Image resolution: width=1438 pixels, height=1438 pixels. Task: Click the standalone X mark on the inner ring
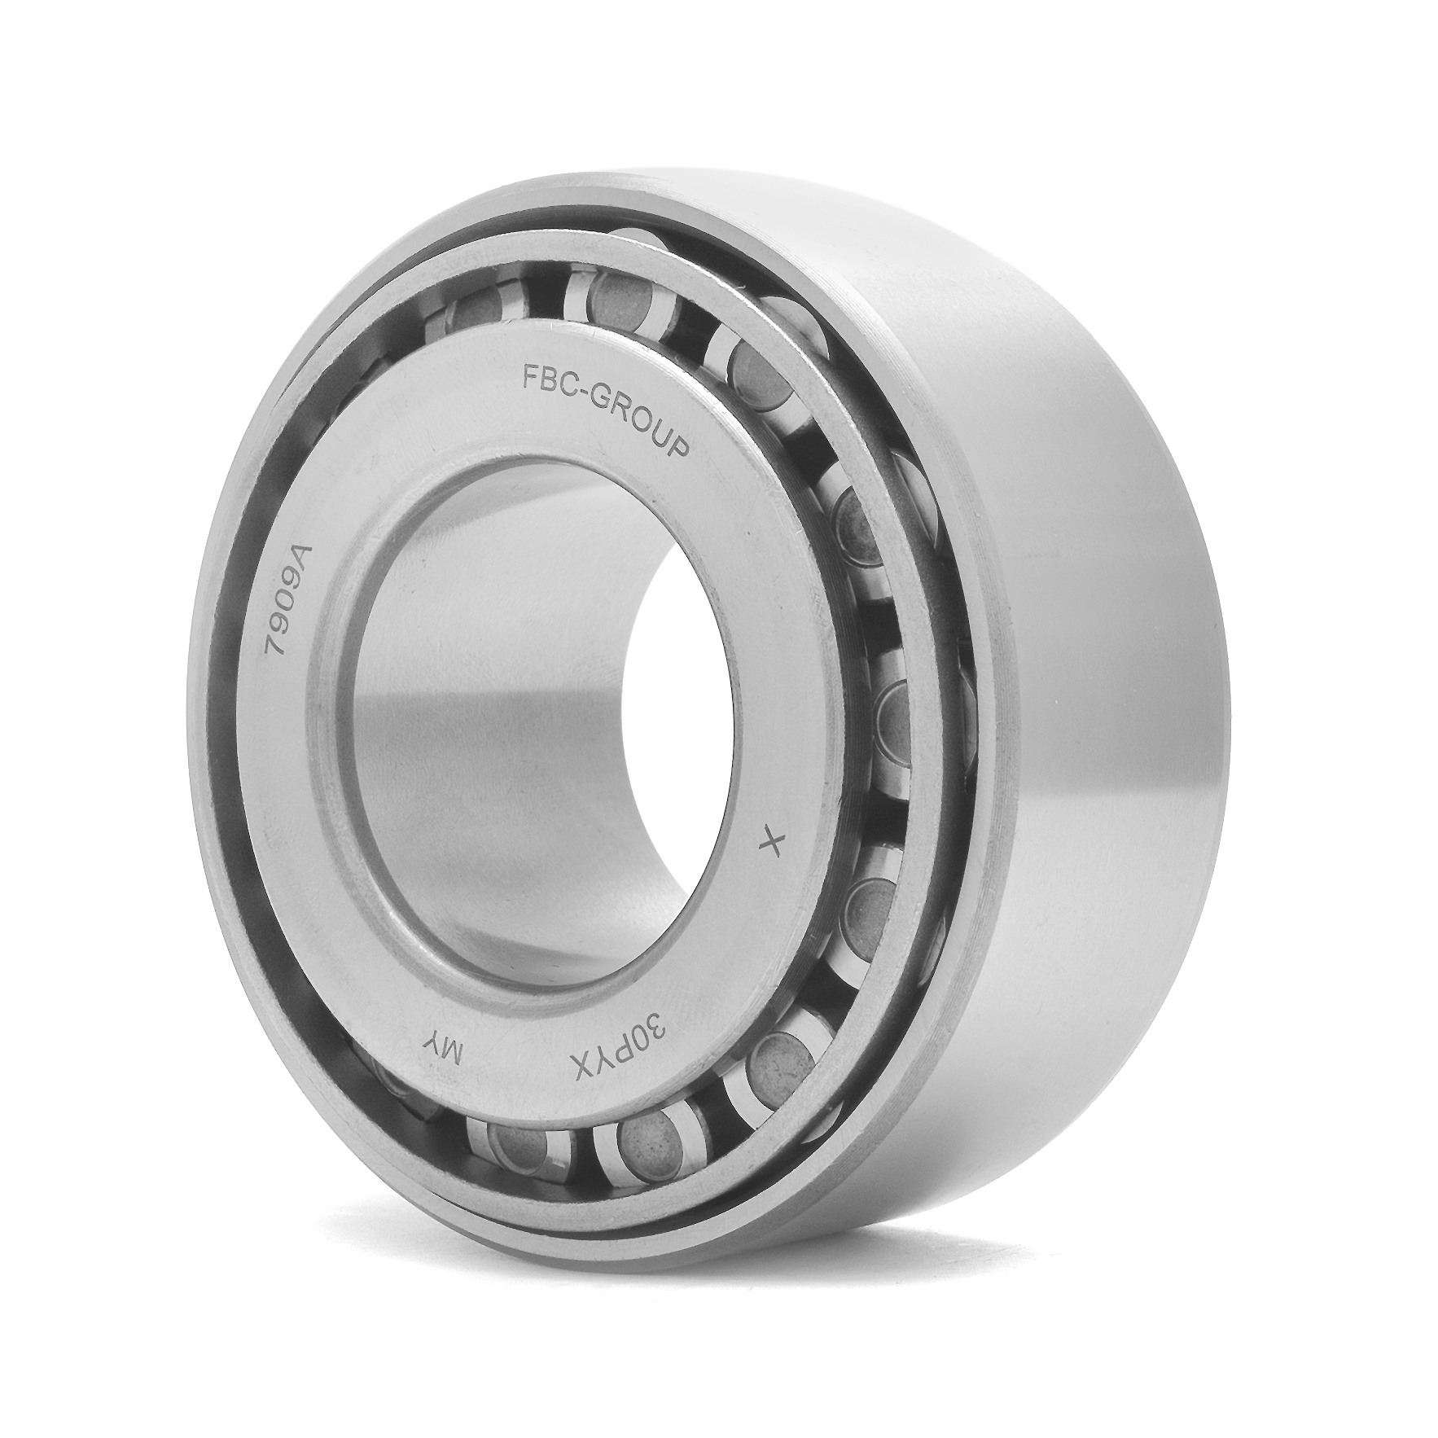coord(769,844)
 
